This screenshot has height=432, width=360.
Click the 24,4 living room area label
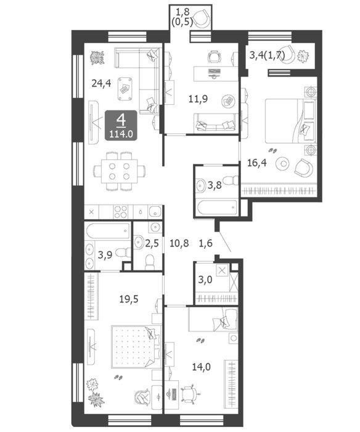(101, 83)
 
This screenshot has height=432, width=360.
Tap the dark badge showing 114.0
(121, 125)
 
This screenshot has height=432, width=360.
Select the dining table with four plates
(119, 171)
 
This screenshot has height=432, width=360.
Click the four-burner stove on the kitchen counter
(121, 212)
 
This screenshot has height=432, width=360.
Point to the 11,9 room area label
(198, 99)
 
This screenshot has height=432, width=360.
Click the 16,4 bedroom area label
(256, 163)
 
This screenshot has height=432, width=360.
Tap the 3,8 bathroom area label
(215, 185)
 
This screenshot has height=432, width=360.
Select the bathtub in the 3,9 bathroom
(108, 231)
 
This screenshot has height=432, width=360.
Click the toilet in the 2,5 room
(150, 262)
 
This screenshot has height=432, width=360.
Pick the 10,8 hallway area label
(179, 243)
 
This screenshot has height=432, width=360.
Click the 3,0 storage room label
(205, 280)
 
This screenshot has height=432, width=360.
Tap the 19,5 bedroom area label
(129, 299)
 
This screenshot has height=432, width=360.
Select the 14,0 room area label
(202, 367)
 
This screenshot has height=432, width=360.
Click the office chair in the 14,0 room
(190, 394)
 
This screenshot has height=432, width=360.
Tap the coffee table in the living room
(125, 89)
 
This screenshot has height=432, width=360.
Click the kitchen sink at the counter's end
(155, 212)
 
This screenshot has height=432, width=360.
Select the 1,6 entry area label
(206, 243)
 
